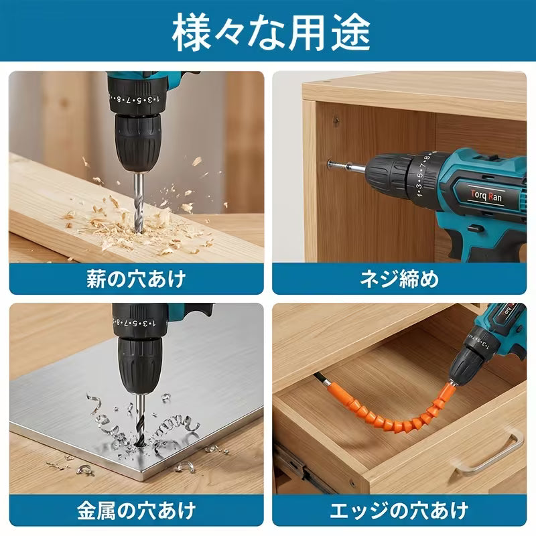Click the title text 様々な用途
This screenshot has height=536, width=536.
[x=271, y=32]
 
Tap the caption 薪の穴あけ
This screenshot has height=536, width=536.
[x=136, y=279]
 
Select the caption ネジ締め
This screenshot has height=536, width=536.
[x=399, y=279]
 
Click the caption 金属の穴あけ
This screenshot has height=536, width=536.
[x=136, y=511]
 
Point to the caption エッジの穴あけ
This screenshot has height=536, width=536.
[x=399, y=511]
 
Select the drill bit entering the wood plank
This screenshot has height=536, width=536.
[x=139, y=202]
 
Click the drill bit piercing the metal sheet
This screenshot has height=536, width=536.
[x=141, y=419]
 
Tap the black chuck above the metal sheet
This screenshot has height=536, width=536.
[x=140, y=366]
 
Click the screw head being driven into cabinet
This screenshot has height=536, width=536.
[x=331, y=164]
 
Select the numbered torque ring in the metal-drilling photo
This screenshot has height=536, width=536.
[x=140, y=323]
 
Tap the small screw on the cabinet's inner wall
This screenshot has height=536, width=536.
[x=336, y=121]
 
